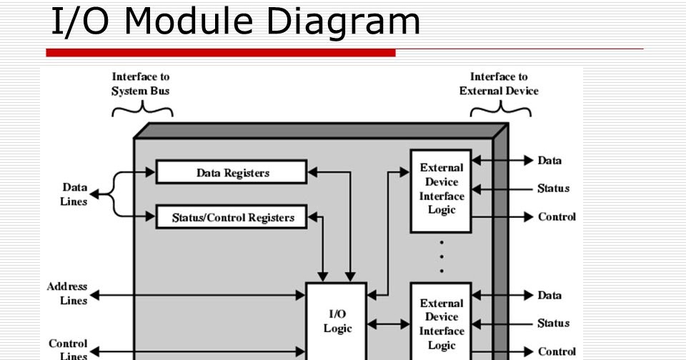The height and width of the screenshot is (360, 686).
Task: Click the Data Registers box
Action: (232, 172)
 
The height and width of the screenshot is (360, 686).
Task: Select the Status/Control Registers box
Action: (232, 217)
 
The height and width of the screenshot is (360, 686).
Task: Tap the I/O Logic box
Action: (337, 321)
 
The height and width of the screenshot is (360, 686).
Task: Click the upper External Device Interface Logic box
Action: (441, 189)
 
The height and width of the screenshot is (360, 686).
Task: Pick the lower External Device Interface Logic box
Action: (441, 323)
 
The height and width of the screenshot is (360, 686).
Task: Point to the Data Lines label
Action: (74, 194)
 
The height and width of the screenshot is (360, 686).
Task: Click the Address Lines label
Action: (67, 294)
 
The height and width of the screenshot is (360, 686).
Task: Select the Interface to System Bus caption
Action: (140, 84)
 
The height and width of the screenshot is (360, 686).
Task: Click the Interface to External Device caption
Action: (499, 84)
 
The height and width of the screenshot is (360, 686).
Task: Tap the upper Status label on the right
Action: (553, 189)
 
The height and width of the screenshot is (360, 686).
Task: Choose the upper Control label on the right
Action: (557, 216)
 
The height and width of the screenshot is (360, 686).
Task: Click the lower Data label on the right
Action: (550, 295)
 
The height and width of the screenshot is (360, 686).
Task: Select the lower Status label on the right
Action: (553, 323)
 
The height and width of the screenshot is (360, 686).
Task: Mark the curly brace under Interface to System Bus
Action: (143, 109)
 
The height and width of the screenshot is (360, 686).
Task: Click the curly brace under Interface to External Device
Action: (500, 109)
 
